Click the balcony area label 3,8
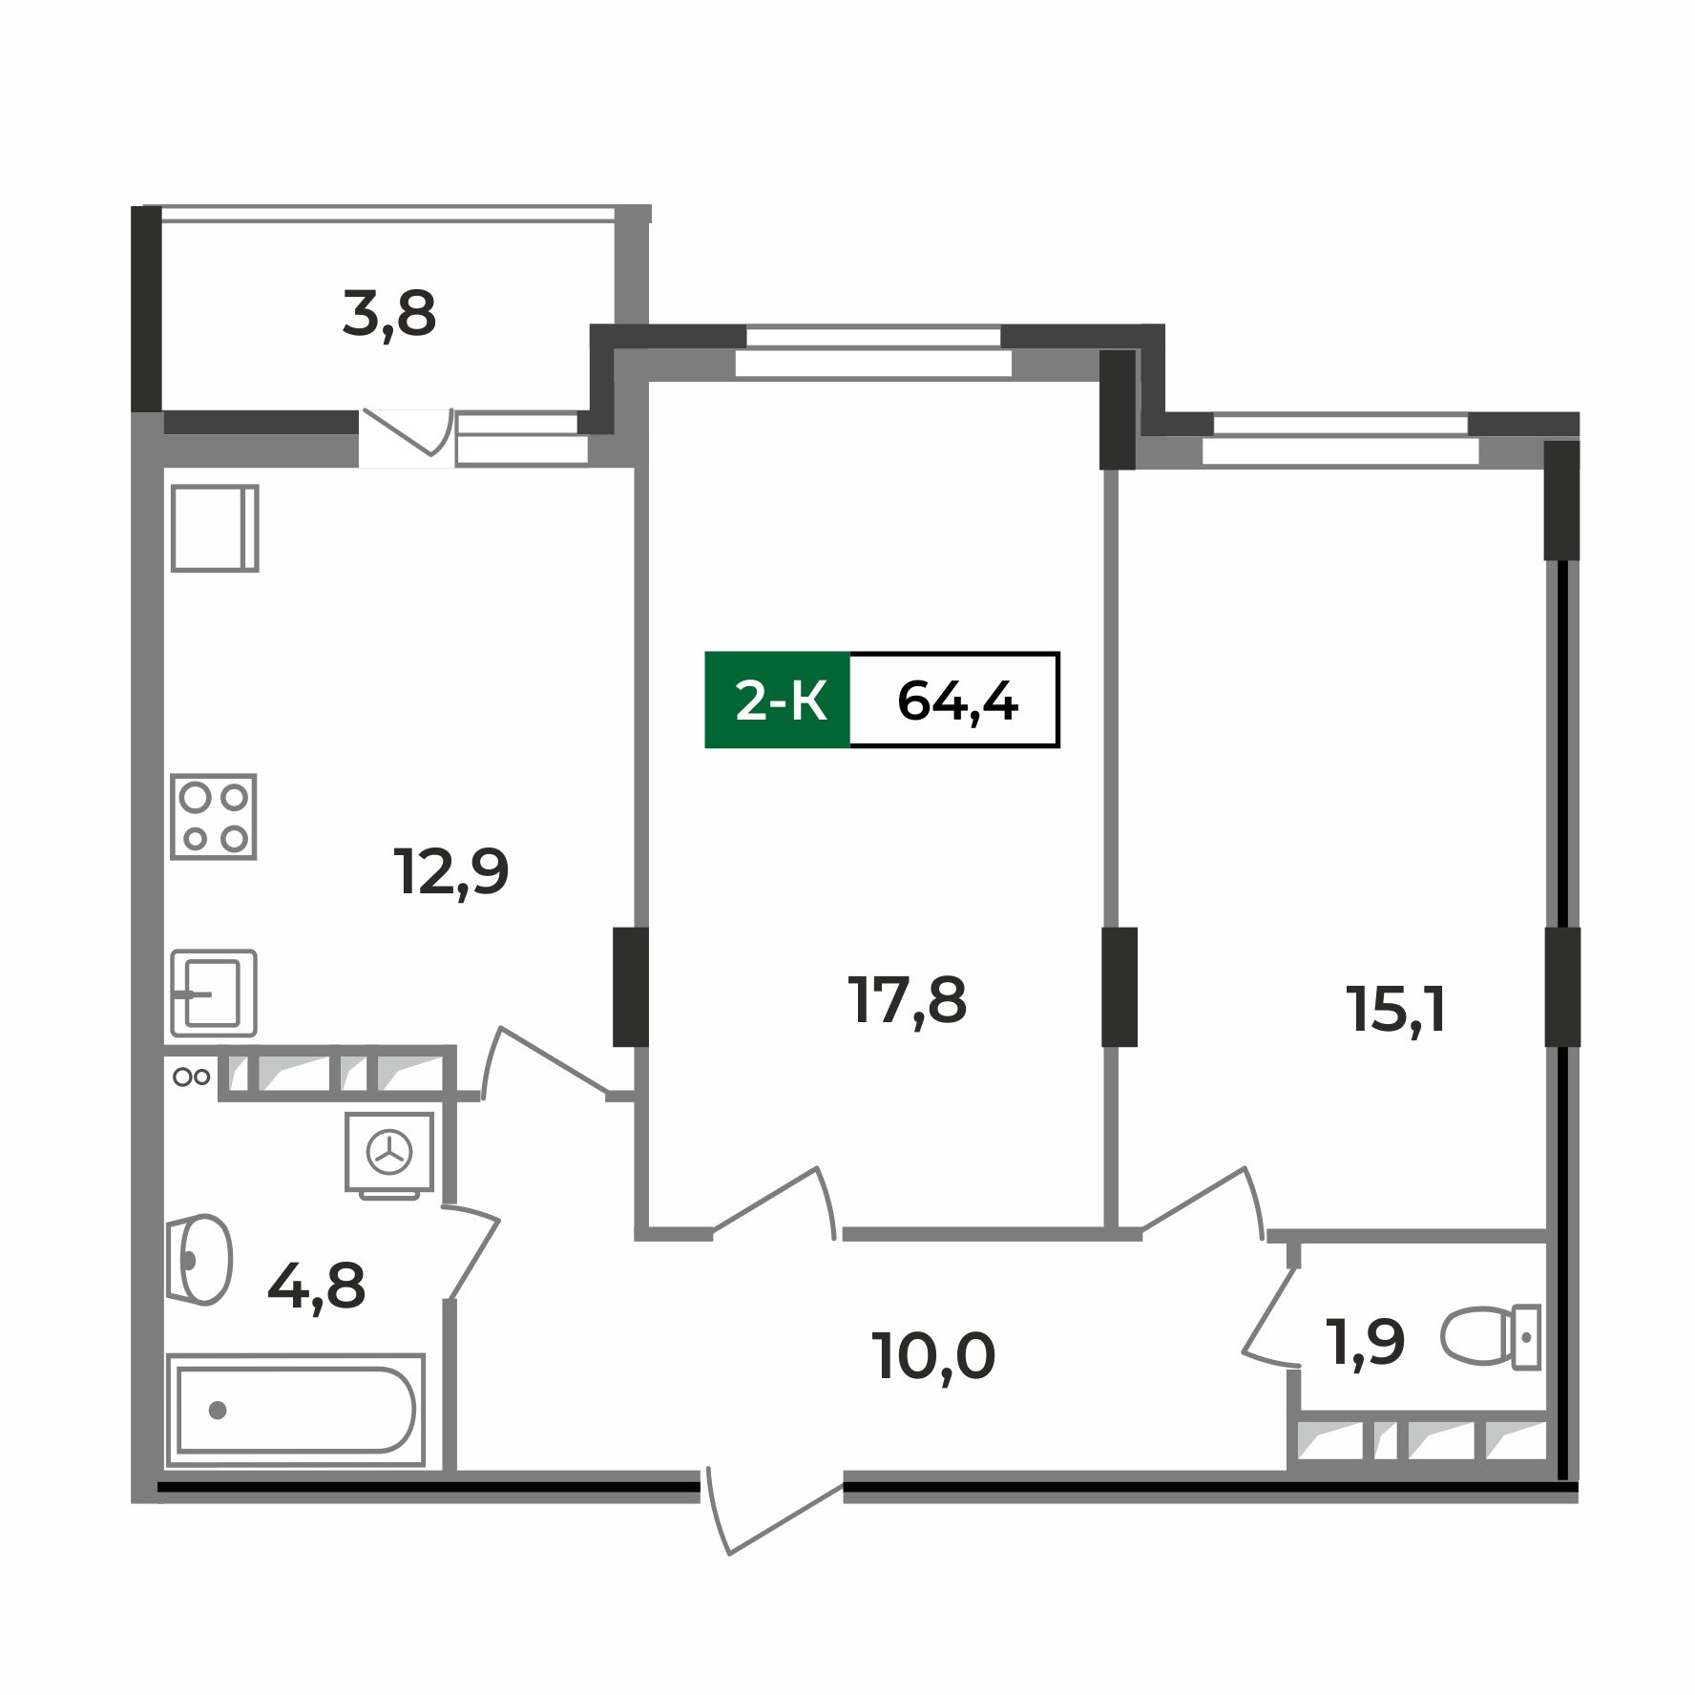pyautogui.click(x=389, y=315)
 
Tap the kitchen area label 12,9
pyautogui.click(x=451, y=871)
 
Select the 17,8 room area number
pyautogui.click(x=907, y=1001)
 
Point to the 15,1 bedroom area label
pyautogui.click(x=1395, y=1010)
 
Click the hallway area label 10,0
pyautogui.click(x=933, y=1356)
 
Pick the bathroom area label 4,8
pyautogui.click(x=317, y=1287)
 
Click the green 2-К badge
pyautogui.click(x=778, y=701)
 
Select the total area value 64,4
pyautogui.click(x=956, y=701)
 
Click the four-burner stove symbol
pyautogui.click(x=214, y=817)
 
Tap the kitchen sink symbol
pyautogui.click(x=214, y=994)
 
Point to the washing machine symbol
pyautogui.click(x=389, y=1153)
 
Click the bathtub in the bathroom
pyautogui.click(x=296, y=1410)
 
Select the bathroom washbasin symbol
pyautogui.click(x=201, y=1260)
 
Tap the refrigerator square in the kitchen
pyautogui.click(x=215, y=529)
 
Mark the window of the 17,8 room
pyautogui.click(x=873, y=350)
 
